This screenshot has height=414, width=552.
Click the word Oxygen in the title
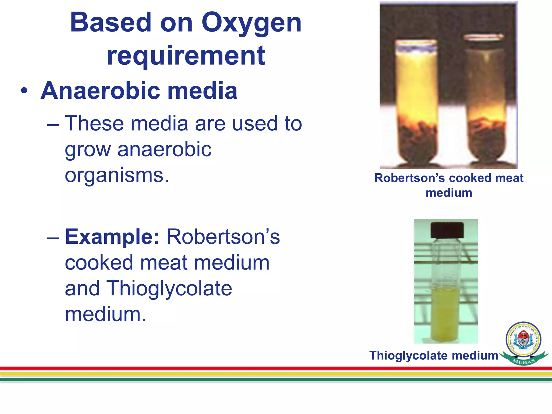pos(251,24)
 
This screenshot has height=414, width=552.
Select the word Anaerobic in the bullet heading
pos(100,91)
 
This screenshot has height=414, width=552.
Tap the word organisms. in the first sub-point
pos(117,175)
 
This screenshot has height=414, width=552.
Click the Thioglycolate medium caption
pos(433,355)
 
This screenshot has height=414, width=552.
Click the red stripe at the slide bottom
pos(276,368)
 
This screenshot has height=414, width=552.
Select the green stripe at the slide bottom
pos(276,380)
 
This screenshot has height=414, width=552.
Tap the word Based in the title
pos(111,23)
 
